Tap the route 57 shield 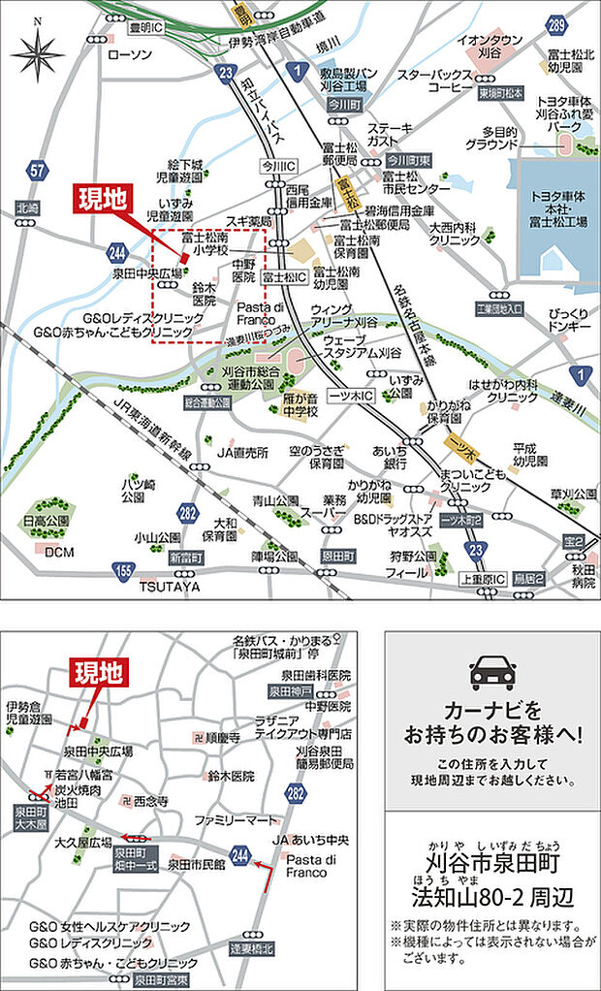coord(38,172)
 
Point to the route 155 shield coord(123,571)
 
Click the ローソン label coord(131,55)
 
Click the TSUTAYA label coord(169,587)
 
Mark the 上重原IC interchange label coord(482,579)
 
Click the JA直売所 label coord(242,452)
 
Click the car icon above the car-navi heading coord(492,671)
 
